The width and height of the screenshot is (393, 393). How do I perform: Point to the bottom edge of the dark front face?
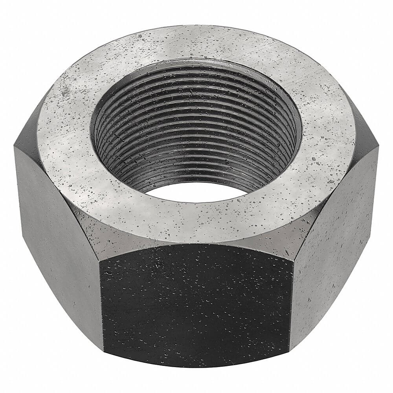tap(196, 365)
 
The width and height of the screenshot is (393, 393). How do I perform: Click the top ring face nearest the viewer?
tap(196, 218)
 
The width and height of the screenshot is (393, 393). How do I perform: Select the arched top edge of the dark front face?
tap(196, 246)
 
